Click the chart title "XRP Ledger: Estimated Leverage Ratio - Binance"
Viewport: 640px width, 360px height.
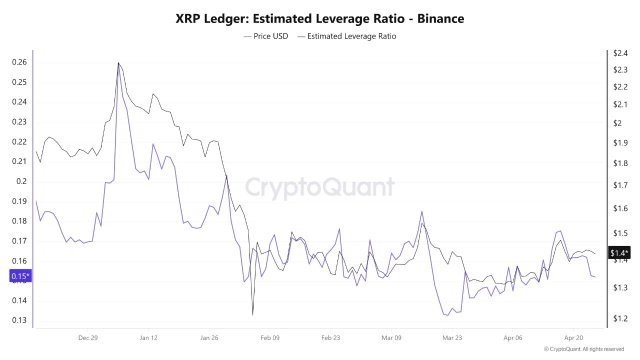[320, 18]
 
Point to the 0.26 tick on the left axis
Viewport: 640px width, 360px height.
[20, 62]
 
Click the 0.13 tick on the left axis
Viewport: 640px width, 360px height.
[20, 320]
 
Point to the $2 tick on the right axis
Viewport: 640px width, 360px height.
[617, 123]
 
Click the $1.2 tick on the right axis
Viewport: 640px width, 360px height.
[619, 319]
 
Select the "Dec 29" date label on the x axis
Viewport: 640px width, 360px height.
[88, 338]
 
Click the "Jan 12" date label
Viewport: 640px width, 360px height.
[149, 338]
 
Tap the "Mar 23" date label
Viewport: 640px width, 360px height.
[453, 338]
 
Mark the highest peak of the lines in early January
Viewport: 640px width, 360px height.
[119, 63]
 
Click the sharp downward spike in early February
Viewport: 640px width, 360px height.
[253, 312]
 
